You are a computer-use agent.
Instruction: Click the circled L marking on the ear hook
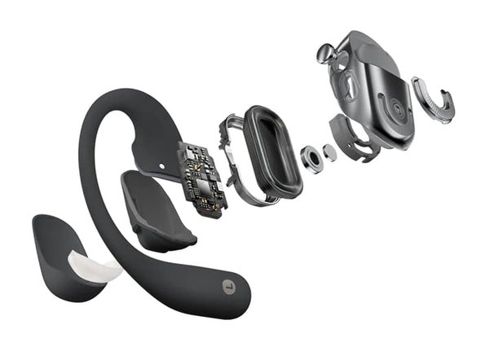click(x=229, y=286)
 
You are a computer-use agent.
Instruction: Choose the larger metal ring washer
click(x=311, y=158)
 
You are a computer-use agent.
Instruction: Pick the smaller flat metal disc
click(x=329, y=151)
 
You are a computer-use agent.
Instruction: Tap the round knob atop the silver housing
click(x=325, y=55)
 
